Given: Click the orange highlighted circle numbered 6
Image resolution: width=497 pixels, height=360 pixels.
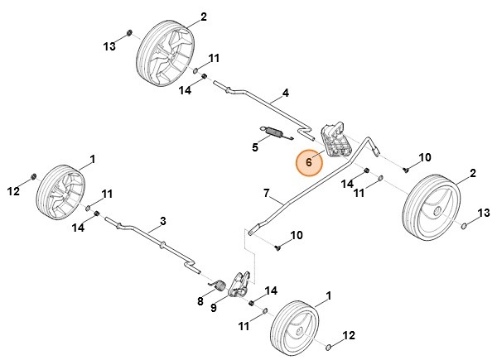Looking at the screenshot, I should (x=309, y=163).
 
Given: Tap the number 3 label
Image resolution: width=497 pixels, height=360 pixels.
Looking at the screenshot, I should (x=162, y=220).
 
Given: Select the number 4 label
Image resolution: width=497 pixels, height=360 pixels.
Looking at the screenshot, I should (x=285, y=92).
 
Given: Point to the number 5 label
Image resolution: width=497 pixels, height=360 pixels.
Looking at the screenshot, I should (x=256, y=148).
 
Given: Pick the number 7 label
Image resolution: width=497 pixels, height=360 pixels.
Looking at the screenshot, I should (x=267, y=194).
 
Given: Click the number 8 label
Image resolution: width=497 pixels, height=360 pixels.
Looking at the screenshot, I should (x=200, y=302).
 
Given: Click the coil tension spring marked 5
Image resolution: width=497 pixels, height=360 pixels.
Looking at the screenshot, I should (x=274, y=132).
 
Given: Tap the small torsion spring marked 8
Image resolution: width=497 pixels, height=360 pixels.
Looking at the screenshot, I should (x=221, y=286).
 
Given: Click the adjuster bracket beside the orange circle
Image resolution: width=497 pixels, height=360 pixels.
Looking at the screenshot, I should (x=335, y=137).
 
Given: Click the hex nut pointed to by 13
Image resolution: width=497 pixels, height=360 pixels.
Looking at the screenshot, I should (x=130, y=35).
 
